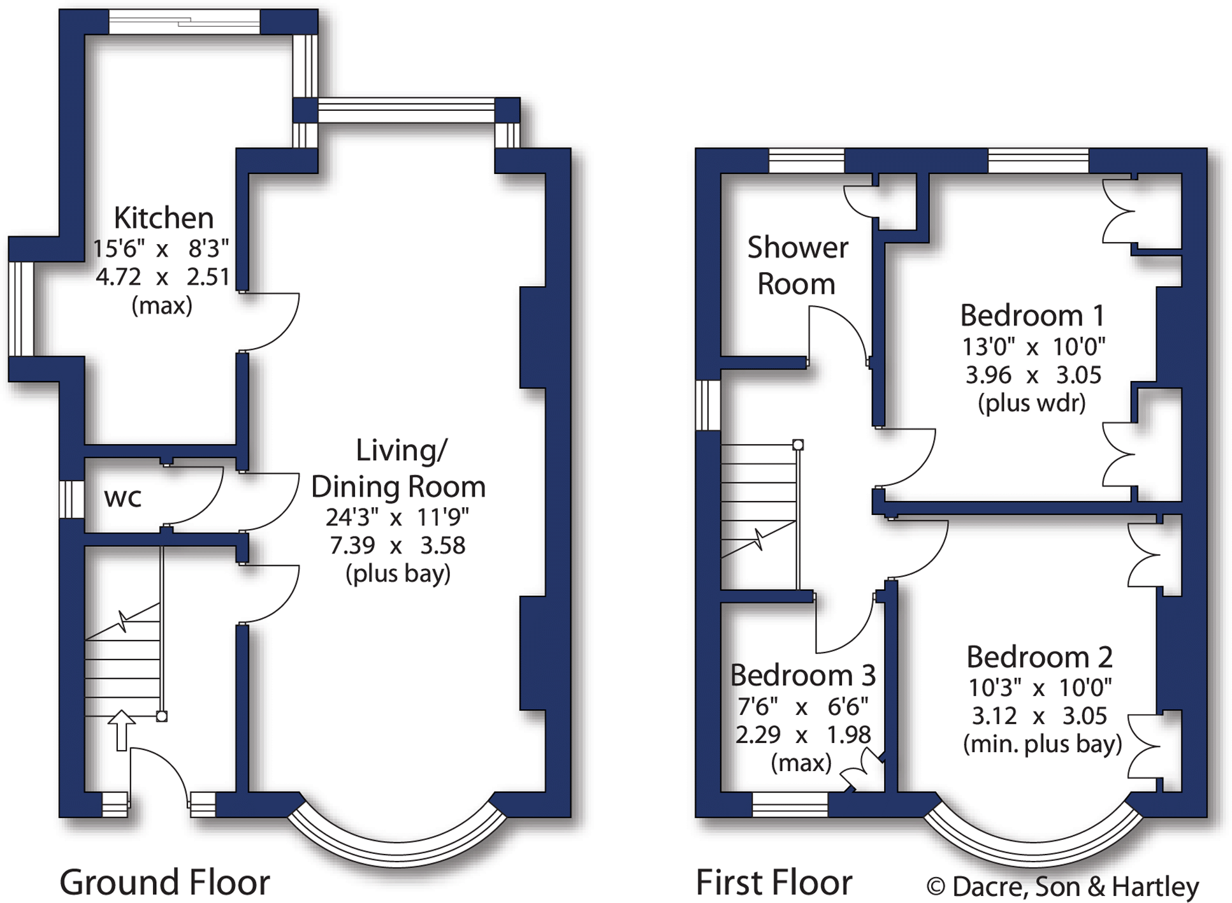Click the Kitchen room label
(x=163, y=218)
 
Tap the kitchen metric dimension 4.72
(x=118, y=277)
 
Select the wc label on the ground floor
(x=122, y=498)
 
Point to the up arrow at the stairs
(x=121, y=730)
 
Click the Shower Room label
(x=797, y=265)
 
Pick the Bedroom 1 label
(x=1032, y=315)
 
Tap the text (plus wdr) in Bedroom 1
(x=1031, y=403)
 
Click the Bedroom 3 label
(x=802, y=675)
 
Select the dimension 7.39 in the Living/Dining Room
(x=352, y=545)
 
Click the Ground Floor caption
(x=164, y=883)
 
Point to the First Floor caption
(x=773, y=883)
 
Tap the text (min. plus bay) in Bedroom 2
(x=1042, y=744)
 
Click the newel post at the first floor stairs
(x=798, y=445)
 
